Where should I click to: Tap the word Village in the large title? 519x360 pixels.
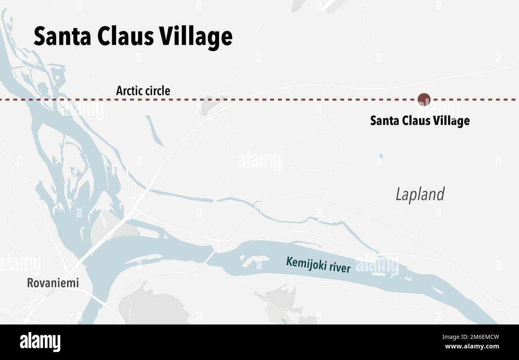click(196, 37)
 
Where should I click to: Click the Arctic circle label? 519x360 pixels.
click(143, 91)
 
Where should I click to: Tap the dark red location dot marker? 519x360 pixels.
click(424, 99)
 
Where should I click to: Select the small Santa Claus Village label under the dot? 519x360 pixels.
click(420, 121)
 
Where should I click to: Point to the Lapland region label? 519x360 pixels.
click(420, 194)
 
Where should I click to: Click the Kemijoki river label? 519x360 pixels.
click(318, 265)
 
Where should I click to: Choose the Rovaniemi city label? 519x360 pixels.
click(53, 283)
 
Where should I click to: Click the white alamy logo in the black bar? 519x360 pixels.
click(40, 342)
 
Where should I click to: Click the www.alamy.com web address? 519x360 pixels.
click(472, 346)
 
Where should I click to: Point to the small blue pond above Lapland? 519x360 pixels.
click(380, 156)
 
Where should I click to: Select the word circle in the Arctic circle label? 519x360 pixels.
click(157, 91)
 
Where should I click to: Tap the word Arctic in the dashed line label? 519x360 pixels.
click(129, 91)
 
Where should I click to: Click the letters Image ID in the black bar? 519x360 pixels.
click(451, 337)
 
